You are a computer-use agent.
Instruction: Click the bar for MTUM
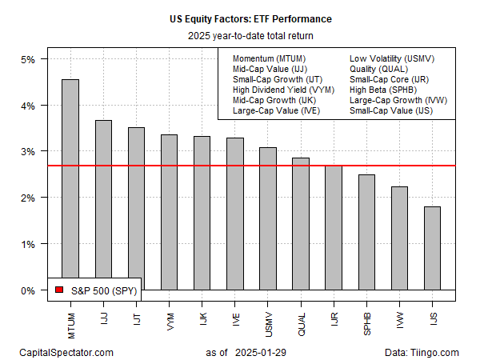70,184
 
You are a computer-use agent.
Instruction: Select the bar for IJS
431,248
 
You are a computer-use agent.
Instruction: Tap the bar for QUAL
300,223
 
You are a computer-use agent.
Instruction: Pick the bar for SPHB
366,232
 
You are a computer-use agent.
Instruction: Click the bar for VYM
169,212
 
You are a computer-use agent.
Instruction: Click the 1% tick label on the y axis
27,244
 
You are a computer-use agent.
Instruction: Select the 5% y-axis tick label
27,60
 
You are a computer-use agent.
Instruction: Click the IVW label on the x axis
398,318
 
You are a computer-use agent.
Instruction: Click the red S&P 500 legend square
58,290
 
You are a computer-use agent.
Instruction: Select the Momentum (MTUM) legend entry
269,59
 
